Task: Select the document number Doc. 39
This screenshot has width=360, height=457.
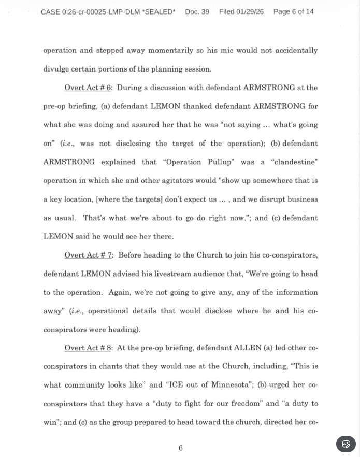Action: click(x=197, y=11)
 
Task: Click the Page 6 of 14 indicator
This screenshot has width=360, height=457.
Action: click(x=293, y=11)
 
